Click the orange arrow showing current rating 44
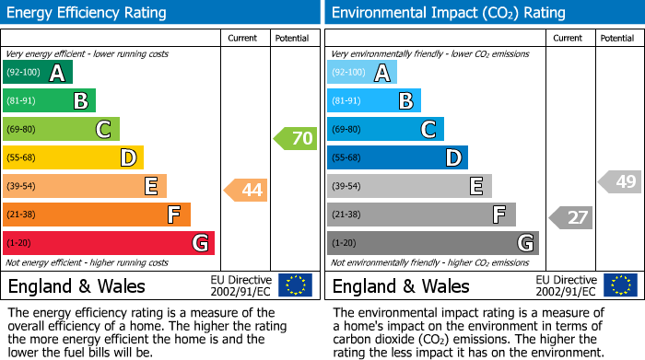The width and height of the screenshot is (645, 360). coord(246,191)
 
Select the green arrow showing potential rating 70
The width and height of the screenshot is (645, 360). coord(295,139)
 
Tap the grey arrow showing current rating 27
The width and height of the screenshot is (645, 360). coord(570,218)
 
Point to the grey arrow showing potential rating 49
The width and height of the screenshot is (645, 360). coord(619,181)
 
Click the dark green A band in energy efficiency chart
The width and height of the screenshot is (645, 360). coord(37,73)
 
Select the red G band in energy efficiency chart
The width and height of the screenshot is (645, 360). coord(108,243)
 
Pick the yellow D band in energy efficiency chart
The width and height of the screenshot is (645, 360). coord(73,157)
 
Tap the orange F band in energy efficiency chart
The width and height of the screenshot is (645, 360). coord(96,215)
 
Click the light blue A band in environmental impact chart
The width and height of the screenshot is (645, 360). coord(362,73)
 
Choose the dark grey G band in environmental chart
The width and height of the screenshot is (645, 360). coord(432,243)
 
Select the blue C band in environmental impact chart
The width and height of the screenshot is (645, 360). coord(385,129)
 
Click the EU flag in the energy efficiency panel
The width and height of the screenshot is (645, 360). coord(295,285)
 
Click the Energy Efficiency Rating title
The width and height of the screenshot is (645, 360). coord(88,13)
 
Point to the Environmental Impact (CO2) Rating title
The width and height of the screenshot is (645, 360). coord(448,13)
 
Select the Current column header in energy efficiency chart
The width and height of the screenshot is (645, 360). coord(242,39)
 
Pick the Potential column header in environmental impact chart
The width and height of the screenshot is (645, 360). coord(617,39)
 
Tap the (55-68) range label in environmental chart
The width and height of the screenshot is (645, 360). coord(347,158)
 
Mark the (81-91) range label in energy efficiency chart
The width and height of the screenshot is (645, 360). coord(23,101)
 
